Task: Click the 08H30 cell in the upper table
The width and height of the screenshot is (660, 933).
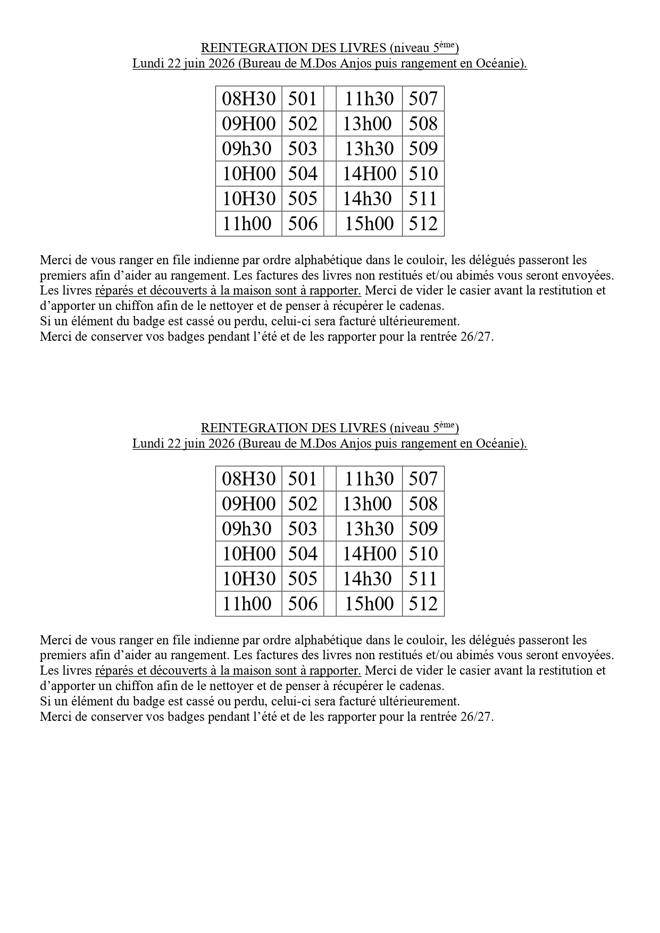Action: pyautogui.click(x=248, y=99)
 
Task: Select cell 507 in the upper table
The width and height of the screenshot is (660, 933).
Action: pyautogui.click(x=423, y=99)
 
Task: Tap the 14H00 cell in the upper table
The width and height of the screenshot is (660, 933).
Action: pyautogui.click(x=369, y=174)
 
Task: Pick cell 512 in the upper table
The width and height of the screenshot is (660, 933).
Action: pyautogui.click(x=423, y=224)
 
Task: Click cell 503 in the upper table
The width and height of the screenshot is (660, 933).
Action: pyautogui.click(x=303, y=149)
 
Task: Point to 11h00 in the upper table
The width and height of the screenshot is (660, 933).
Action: pyautogui.click(x=247, y=224)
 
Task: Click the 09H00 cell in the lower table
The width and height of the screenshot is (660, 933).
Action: pyautogui.click(x=248, y=504)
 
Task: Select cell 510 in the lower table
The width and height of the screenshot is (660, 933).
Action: pyautogui.click(x=423, y=554)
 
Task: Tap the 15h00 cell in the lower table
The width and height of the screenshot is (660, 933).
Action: pyautogui.click(x=369, y=604)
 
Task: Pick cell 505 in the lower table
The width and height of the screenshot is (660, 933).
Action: pyautogui.click(x=303, y=579)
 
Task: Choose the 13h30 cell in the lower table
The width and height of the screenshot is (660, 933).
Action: pyautogui.click(x=369, y=529)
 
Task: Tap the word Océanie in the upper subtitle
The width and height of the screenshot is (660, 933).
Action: pyautogui.click(x=498, y=64)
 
